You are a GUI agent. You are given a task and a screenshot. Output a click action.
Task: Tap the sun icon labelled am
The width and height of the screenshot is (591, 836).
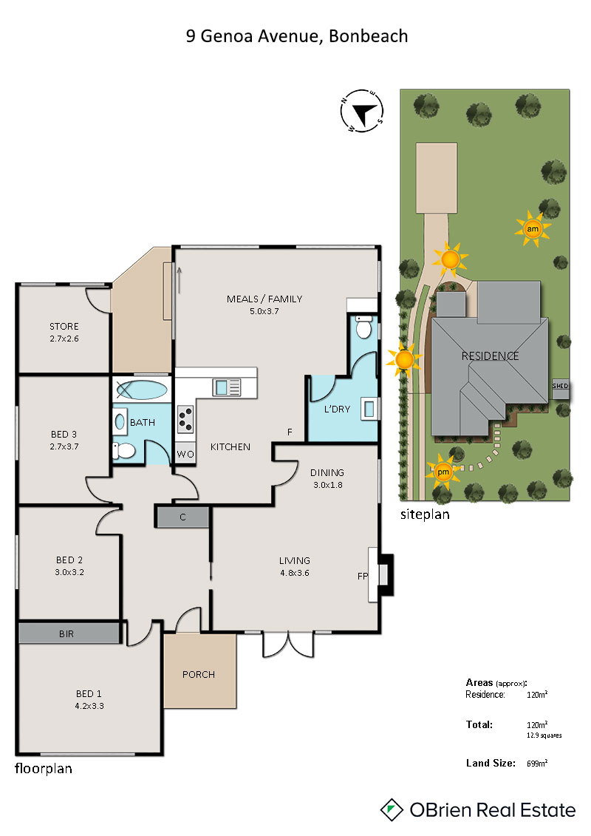pos(533,229)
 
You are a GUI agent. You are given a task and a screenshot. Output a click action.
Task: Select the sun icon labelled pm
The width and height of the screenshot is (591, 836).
pos(443,472)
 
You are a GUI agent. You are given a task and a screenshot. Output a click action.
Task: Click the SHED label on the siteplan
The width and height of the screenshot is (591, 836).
pos(560,386)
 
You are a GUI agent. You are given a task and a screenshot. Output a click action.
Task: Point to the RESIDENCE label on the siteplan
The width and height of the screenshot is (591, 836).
pos(490,356)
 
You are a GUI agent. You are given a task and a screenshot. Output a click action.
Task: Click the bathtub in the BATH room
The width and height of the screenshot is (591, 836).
pos(142,390)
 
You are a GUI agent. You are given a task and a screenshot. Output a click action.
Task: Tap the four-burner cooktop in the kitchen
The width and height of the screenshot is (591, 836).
pos(185,419)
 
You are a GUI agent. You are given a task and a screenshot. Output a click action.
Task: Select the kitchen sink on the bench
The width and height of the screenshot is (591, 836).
pos(227,387)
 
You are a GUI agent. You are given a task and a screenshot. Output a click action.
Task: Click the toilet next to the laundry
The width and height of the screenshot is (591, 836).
pos(363,327)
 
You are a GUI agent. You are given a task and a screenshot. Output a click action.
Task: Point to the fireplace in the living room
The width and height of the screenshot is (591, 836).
pos(382,575)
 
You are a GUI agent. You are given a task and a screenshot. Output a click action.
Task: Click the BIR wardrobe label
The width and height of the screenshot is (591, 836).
pos(66,634)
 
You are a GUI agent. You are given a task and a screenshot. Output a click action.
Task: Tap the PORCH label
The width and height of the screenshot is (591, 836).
pos(199,674)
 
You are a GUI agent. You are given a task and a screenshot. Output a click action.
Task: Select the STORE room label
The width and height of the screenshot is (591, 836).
pos(64,326)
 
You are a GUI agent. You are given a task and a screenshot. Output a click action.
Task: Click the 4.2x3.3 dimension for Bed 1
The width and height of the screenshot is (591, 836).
pos(89,706)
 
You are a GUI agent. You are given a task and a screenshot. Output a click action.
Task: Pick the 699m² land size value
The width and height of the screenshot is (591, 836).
pos(537,764)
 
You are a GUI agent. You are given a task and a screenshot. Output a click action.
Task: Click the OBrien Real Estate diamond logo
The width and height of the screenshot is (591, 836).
pos(392,810)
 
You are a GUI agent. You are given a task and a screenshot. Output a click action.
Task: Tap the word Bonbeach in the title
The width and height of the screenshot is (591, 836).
pos(368,35)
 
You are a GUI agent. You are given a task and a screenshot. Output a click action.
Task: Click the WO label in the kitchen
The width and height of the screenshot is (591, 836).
pos(185,455)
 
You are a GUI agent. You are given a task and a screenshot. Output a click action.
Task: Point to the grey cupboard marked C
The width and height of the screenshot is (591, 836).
pos(182,517)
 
